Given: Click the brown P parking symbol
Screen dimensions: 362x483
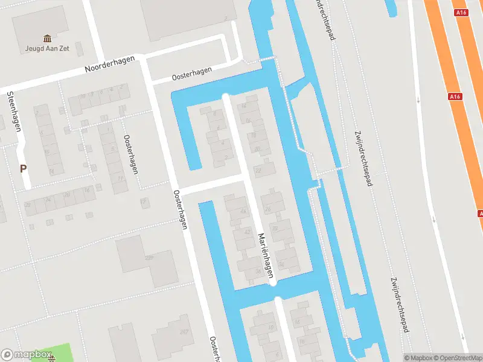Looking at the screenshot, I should (24, 169).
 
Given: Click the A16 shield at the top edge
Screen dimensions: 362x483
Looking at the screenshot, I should (462, 12).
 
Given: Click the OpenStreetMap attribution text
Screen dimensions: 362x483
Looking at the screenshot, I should (455, 358).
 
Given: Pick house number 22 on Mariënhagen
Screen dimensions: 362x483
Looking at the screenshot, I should (258, 171).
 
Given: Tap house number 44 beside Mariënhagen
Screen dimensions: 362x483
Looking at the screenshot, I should (243, 211).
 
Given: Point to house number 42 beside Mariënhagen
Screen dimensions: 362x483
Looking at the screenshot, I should (247, 232).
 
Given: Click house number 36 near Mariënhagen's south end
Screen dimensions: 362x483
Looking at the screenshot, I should (258, 271).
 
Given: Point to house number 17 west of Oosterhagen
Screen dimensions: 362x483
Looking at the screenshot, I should (143, 201).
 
